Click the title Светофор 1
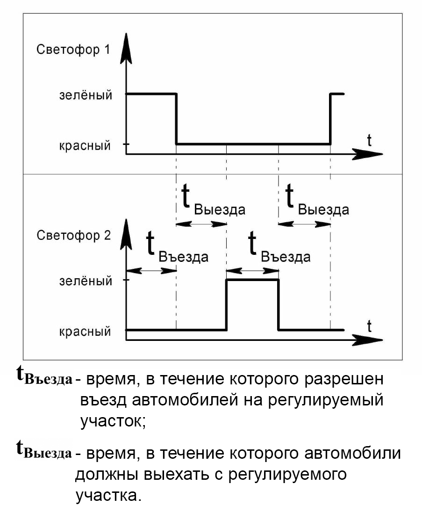[x=73, y=50]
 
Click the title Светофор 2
[x=73, y=235]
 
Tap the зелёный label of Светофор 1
[x=86, y=95]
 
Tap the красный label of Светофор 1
[x=85, y=145]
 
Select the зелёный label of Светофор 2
[x=86, y=281]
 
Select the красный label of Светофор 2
[x=85, y=331]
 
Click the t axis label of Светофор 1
[x=369, y=140]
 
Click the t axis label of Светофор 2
[x=369, y=326]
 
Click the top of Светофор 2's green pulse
[x=253, y=280]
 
